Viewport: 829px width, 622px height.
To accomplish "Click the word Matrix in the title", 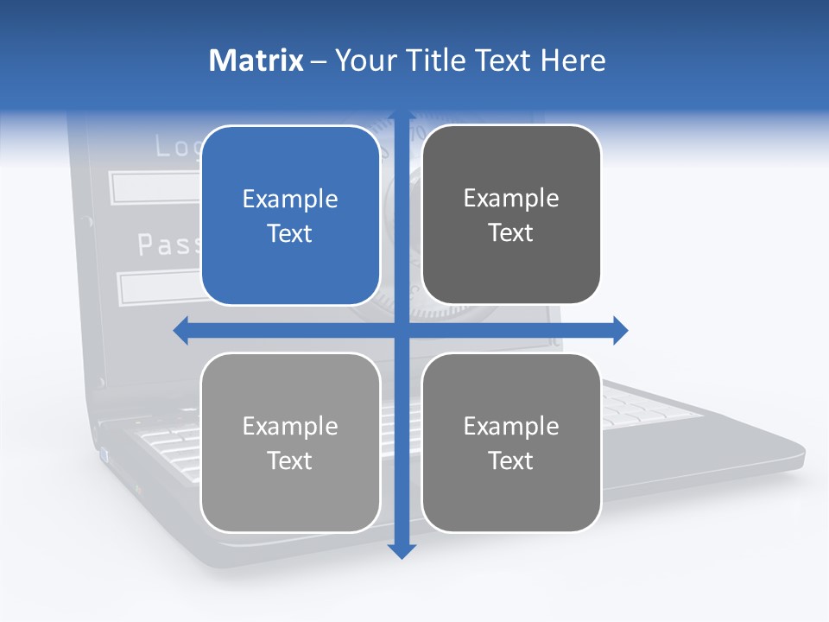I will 256,60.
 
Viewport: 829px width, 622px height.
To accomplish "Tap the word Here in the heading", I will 573,60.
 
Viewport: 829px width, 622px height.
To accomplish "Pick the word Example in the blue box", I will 290,200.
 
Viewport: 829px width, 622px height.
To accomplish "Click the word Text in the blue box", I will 290,234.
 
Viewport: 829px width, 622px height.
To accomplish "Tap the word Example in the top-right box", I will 511,199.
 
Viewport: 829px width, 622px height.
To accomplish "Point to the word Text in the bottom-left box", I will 290,460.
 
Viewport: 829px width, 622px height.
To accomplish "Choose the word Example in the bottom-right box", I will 511,426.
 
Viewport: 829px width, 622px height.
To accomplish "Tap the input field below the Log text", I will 155,187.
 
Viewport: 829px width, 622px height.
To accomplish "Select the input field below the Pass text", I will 160,289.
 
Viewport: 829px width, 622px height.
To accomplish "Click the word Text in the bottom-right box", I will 511,460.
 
